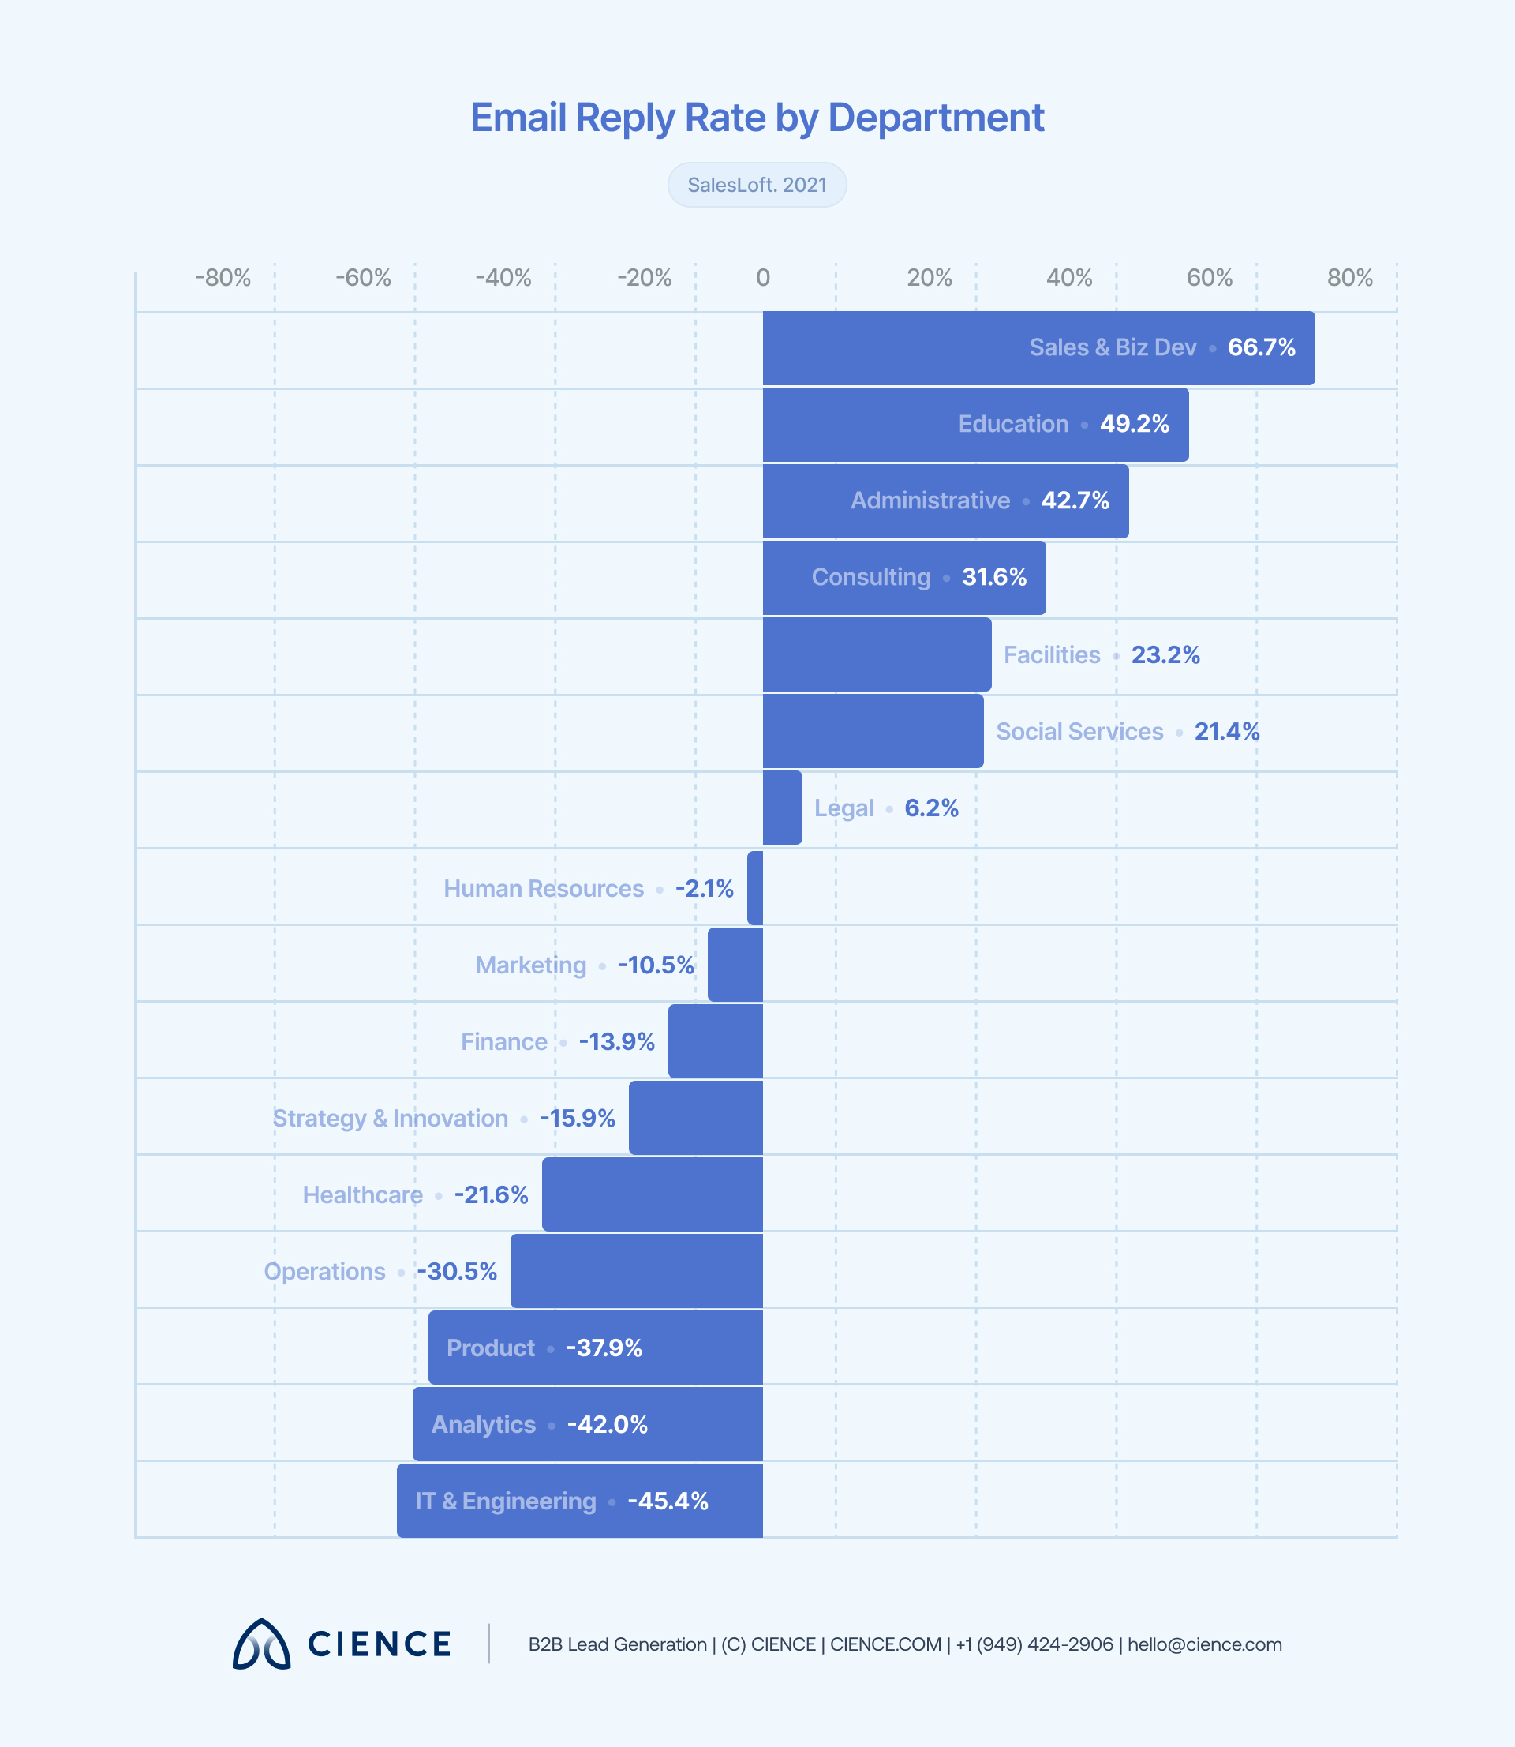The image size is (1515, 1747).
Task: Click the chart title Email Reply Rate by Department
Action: pyautogui.click(x=757, y=118)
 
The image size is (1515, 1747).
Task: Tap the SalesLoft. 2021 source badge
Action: pyautogui.click(x=757, y=186)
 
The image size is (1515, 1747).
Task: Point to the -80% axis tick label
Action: pyautogui.click(x=223, y=278)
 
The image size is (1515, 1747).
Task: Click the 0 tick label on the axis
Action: pyautogui.click(x=762, y=278)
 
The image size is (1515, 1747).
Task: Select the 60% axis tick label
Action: pyautogui.click(x=1209, y=278)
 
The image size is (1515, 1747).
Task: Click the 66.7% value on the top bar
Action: pyautogui.click(x=1262, y=347)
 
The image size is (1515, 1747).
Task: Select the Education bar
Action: pyautogui.click(x=854, y=425)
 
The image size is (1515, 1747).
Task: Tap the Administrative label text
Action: pyautogui.click(x=930, y=500)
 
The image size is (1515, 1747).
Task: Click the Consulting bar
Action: pyautogui.click(x=786, y=578)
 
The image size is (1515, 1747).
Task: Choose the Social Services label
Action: pyautogui.click(x=1079, y=732)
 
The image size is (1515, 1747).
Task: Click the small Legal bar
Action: pyautogui.click(x=782, y=808)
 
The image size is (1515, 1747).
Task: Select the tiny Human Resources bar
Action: pyautogui.click(x=755, y=888)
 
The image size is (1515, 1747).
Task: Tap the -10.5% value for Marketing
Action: pyautogui.click(x=655, y=965)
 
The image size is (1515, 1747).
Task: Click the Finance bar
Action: pyautogui.click(x=715, y=1041)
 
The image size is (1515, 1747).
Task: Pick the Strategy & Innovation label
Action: pyautogui.click(x=390, y=1118)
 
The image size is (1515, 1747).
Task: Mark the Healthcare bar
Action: pyautogui.click(x=652, y=1194)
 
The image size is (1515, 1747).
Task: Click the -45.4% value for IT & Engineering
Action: pyautogui.click(x=668, y=1501)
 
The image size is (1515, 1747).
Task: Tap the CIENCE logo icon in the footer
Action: pyautogui.click(x=261, y=1644)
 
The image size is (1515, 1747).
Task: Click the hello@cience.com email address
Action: pyautogui.click(x=1204, y=1644)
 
